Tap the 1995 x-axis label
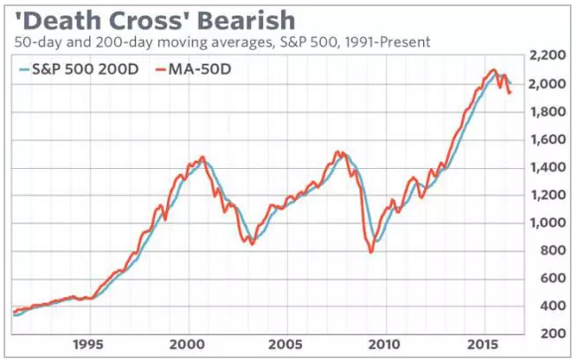pos(92,342)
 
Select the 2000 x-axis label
pos(188,342)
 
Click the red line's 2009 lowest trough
pos(370,252)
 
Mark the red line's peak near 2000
pos(203,157)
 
